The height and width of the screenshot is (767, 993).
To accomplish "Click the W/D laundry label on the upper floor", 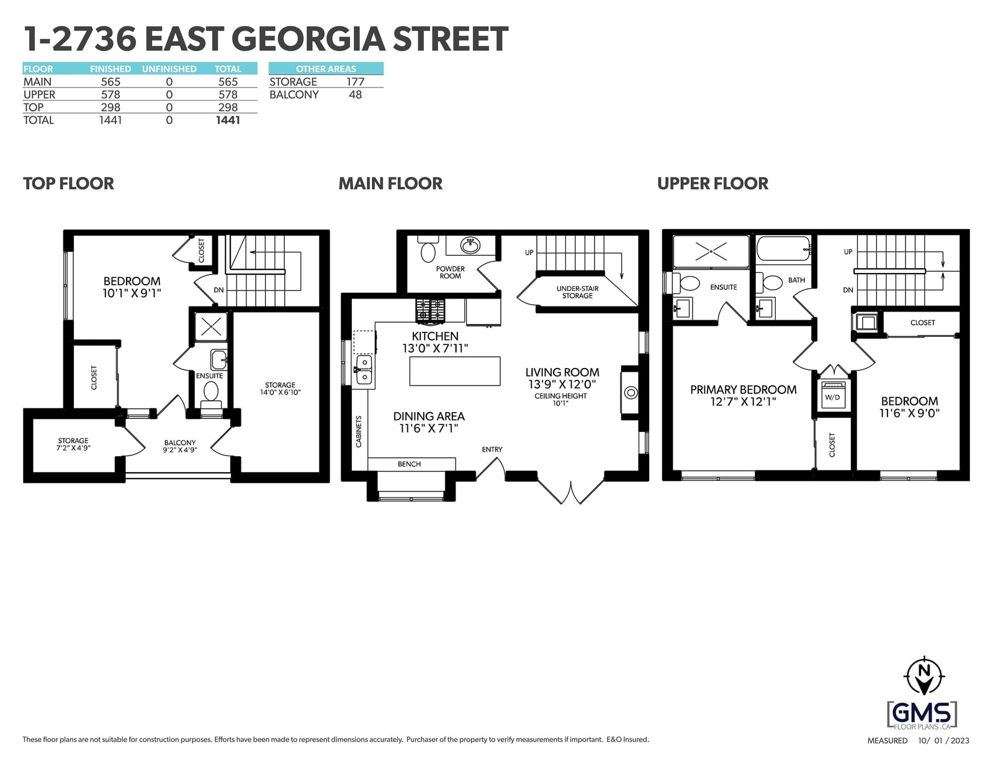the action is tap(832, 397).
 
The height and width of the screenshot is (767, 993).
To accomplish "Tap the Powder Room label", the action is tap(450, 272).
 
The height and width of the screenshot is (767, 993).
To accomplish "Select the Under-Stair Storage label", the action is tap(577, 292).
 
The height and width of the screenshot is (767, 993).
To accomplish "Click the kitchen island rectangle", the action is tap(455, 371).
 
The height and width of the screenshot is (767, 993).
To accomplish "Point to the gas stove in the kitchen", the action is tap(429, 310).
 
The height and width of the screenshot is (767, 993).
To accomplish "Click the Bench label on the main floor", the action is tap(409, 464).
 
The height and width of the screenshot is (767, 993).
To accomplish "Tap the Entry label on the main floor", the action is tap(492, 449).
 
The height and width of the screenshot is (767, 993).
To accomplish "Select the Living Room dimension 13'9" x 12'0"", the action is tap(562, 384).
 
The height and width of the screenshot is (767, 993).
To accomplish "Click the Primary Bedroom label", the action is tap(743, 390).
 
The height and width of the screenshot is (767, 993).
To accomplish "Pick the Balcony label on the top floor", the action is tap(179, 442).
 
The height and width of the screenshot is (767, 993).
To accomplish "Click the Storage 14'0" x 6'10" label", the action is tap(280, 388).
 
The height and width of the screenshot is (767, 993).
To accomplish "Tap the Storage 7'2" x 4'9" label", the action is tap(73, 444).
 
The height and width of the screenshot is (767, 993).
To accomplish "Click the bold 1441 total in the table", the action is tap(228, 120).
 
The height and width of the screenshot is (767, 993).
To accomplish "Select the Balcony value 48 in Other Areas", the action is tap(355, 94).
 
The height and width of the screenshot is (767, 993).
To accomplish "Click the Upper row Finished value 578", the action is tap(110, 94).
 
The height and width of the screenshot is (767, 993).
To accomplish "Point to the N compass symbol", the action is tap(924, 676).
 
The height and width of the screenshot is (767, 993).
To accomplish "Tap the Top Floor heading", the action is tap(68, 184).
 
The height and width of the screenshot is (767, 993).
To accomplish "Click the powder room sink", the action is tap(470, 246).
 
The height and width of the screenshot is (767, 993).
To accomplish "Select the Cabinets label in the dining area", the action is tap(359, 431).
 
